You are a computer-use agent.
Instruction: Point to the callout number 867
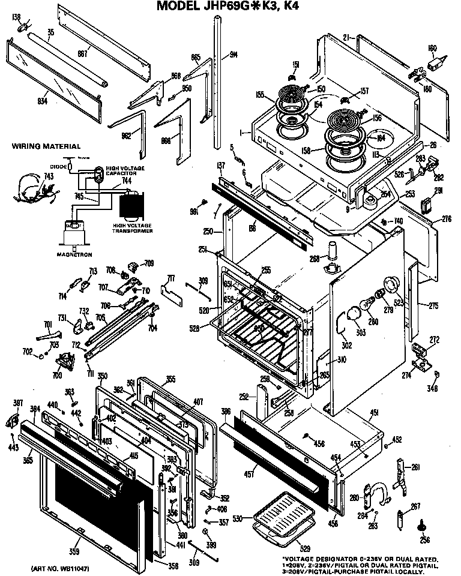[x=82, y=54]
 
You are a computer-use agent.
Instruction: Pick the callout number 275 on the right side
[x=433, y=305]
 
